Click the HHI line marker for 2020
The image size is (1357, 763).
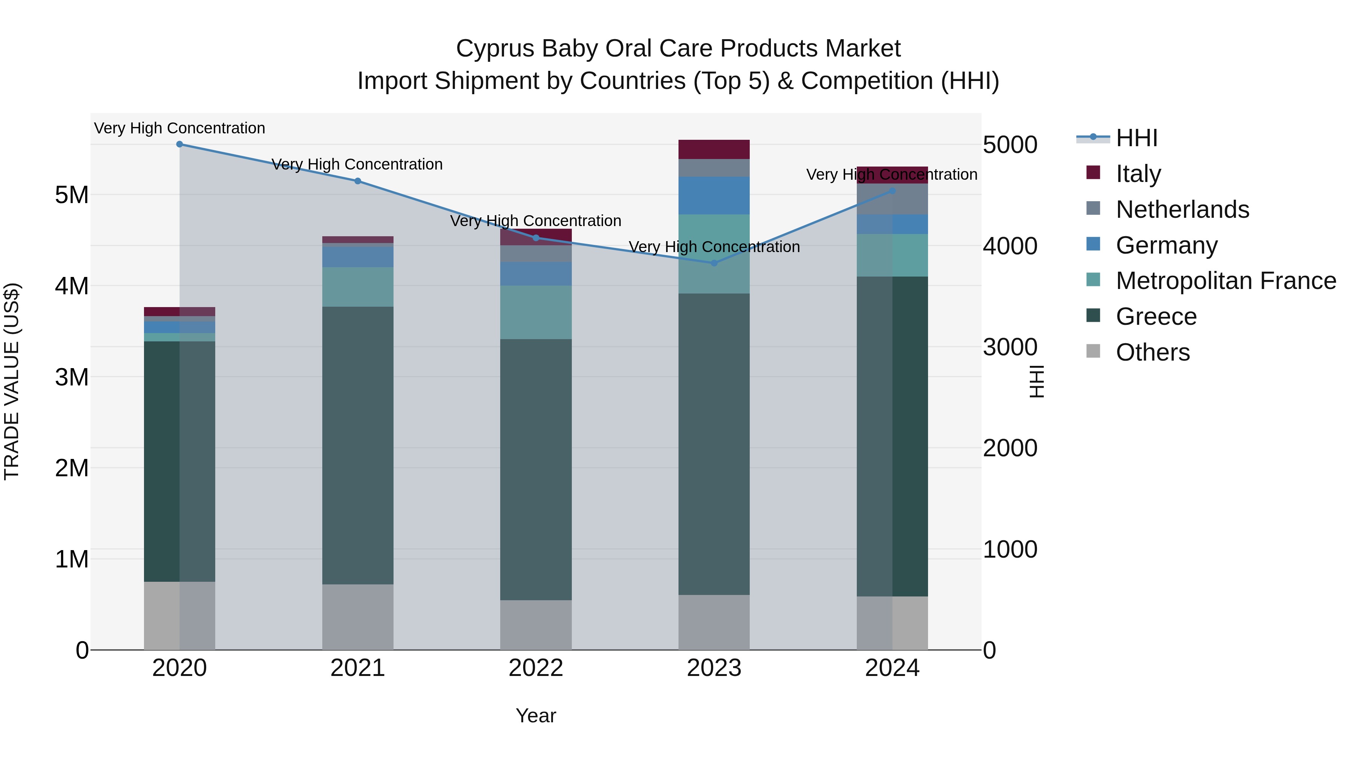[180, 144]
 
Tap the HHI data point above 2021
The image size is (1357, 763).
[358, 181]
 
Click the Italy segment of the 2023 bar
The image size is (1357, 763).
[714, 150]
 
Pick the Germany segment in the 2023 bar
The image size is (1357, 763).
[714, 195]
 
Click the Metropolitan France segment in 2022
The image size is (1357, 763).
[536, 312]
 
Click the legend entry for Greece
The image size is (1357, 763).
[1156, 317]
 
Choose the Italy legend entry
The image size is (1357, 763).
[1138, 174]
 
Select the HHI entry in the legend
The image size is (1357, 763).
[1136, 138]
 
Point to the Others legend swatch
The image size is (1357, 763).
[1093, 351]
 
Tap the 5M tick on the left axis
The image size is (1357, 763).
[72, 195]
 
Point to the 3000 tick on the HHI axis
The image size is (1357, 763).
[1010, 347]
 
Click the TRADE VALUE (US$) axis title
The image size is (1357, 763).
[12, 381]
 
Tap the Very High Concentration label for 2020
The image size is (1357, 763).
[180, 128]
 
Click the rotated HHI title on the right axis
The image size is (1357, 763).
[1036, 381]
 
